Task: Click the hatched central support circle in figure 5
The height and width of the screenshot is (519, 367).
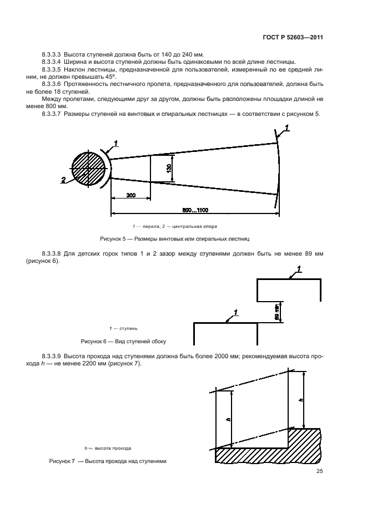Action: click(88, 169)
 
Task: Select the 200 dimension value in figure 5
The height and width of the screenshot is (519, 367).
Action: click(130, 195)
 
